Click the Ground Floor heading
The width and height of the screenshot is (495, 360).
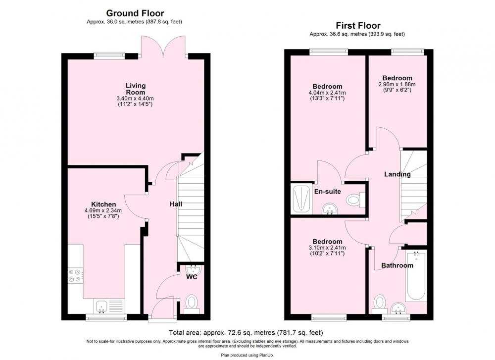click(135, 13)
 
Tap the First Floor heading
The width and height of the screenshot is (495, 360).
click(358, 25)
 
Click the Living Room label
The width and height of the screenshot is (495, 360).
click(136, 89)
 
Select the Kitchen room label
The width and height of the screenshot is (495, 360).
click(103, 205)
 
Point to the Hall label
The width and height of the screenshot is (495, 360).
click(176, 204)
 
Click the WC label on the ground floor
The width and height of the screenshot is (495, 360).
click(192, 277)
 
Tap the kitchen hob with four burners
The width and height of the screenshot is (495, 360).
click(76, 275)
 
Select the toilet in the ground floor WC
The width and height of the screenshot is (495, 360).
click(191, 304)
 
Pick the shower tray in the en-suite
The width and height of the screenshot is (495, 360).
click(301, 199)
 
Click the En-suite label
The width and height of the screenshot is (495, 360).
click(327, 191)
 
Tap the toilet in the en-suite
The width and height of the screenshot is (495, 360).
click(355, 200)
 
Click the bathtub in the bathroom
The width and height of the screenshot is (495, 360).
click(416, 276)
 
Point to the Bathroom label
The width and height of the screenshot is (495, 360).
click(397, 265)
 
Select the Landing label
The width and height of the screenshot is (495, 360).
click(397, 174)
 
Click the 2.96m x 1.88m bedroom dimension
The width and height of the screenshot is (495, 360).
click(397, 85)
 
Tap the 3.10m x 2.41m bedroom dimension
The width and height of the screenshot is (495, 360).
click(327, 248)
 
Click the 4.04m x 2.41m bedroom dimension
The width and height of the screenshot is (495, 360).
click(327, 93)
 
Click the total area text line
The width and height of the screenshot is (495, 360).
click(246, 333)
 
